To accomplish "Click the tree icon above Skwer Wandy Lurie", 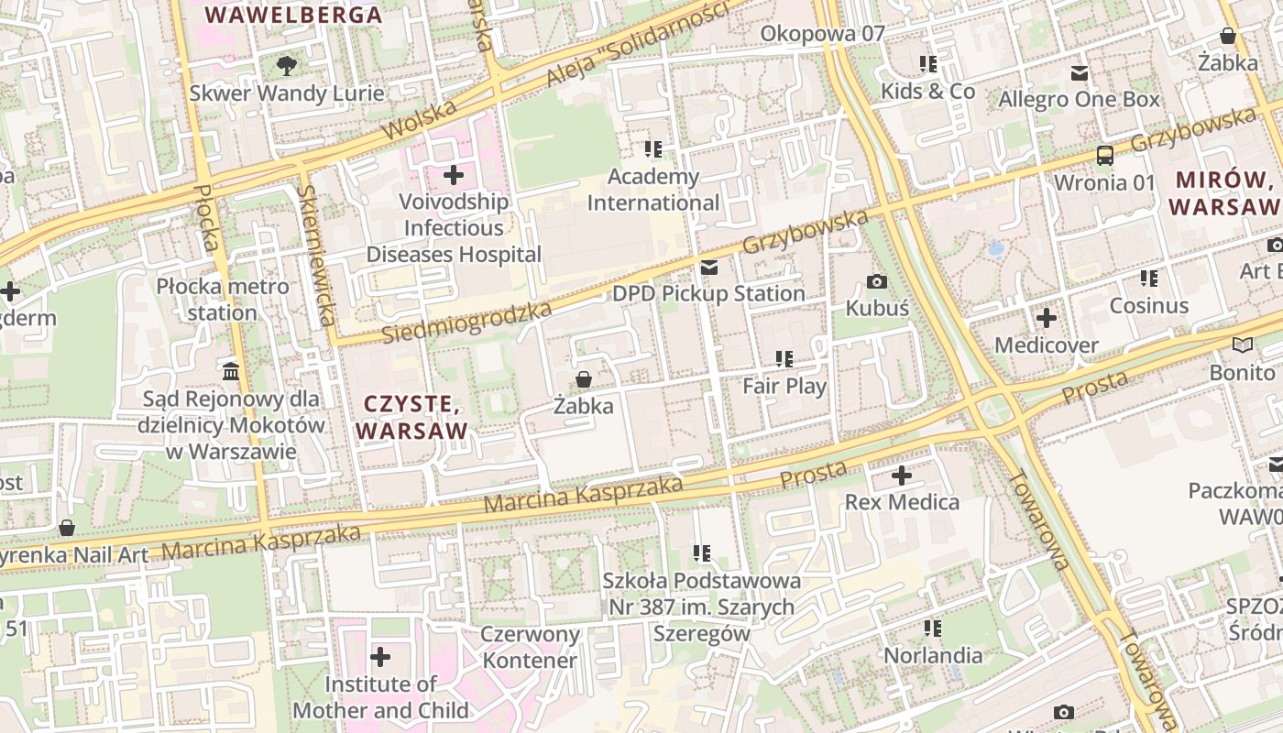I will pos(287,65).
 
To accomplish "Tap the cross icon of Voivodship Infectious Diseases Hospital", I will pos(454,174).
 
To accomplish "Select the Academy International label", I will pos(653,190).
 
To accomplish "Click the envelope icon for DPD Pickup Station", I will pos(708,268).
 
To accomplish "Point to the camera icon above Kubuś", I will pos(877,281).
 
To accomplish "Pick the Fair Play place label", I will pos(784,386).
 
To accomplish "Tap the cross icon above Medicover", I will pos(1046,319).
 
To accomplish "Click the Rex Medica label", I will pos(902,502).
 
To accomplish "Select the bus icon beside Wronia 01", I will pos(1105,156).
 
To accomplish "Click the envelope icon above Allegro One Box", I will pos(1080,73).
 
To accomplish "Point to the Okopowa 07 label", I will pos(823,34).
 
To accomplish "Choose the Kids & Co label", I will pos(927,91).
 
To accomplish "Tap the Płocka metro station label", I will pos(223,300).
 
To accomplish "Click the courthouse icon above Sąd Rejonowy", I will pos(231,372).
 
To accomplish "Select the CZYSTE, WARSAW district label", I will pos(412,417).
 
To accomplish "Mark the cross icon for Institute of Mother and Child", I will pos(380,657).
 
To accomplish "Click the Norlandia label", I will pos(933,655).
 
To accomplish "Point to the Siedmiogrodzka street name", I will pos(466,322).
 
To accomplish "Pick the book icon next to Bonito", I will pos(1243,345).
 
